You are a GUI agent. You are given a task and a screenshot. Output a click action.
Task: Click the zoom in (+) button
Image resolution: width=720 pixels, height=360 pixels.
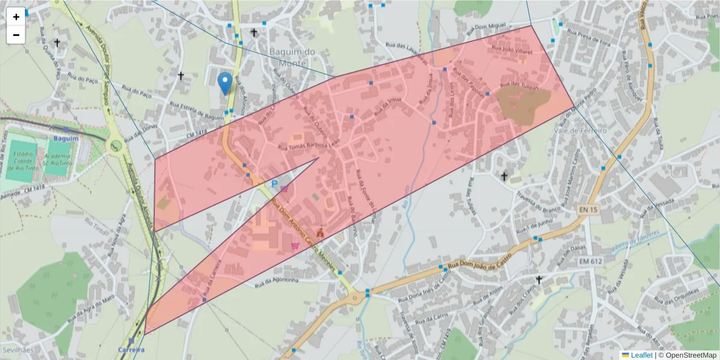[16, 17]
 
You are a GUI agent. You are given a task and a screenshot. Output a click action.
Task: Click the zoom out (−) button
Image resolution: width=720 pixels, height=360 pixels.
[16, 35]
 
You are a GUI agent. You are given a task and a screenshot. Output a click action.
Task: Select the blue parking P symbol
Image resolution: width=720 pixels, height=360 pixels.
[275, 184]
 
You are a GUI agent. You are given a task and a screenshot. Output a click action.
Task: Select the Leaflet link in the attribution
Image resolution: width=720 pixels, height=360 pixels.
[641, 355]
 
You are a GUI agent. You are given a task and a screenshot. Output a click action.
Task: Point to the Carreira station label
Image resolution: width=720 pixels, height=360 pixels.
[131, 350]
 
